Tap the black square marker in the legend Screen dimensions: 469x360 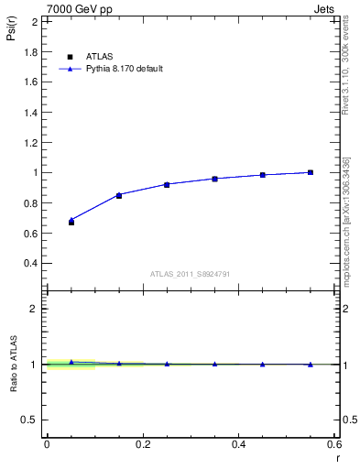pyautogui.click(x=71, y=57)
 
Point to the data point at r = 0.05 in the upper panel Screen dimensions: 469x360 pyautogui.click(x=71, y=222)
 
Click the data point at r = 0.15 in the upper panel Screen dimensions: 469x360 pyautogui.click(x=119, y=195)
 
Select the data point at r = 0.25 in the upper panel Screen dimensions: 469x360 pyautogui.click(x=167, y=184)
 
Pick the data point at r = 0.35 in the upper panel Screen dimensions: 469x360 pyautogui.click(x=214, y=179)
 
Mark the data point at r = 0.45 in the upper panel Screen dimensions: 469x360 pyautogui.click(x=263, y=175)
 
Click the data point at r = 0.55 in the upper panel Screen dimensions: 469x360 pyautogui.click(x=311, y=172)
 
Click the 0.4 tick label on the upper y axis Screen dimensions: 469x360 pyautogui.click(x=30, y=263)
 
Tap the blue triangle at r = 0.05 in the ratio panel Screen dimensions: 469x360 pyautogui.click(x=71, y=363)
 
